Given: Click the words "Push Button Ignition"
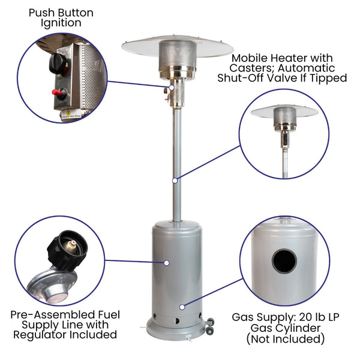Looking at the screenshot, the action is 61,18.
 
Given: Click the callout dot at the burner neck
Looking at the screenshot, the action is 171,88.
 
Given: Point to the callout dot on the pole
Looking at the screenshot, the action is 175,181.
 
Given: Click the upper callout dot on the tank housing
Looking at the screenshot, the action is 167,263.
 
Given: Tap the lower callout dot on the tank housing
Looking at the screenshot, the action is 182,307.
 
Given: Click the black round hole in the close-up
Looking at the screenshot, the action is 284,261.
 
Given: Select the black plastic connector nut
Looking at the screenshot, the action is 67,250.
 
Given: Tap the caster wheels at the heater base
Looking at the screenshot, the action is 209,326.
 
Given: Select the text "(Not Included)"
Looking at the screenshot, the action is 286,339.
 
